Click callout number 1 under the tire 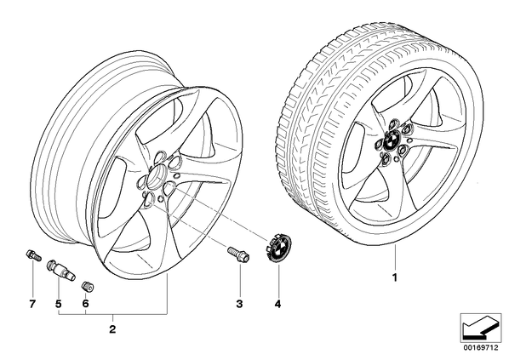coord(395,277)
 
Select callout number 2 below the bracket coord(112,329)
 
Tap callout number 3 coord(239,304)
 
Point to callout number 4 coord(277,304)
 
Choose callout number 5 coord(58,304)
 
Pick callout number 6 coord(85,304)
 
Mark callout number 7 coord(32,304)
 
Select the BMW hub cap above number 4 coord(279,248)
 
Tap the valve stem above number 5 coord(61,270)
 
